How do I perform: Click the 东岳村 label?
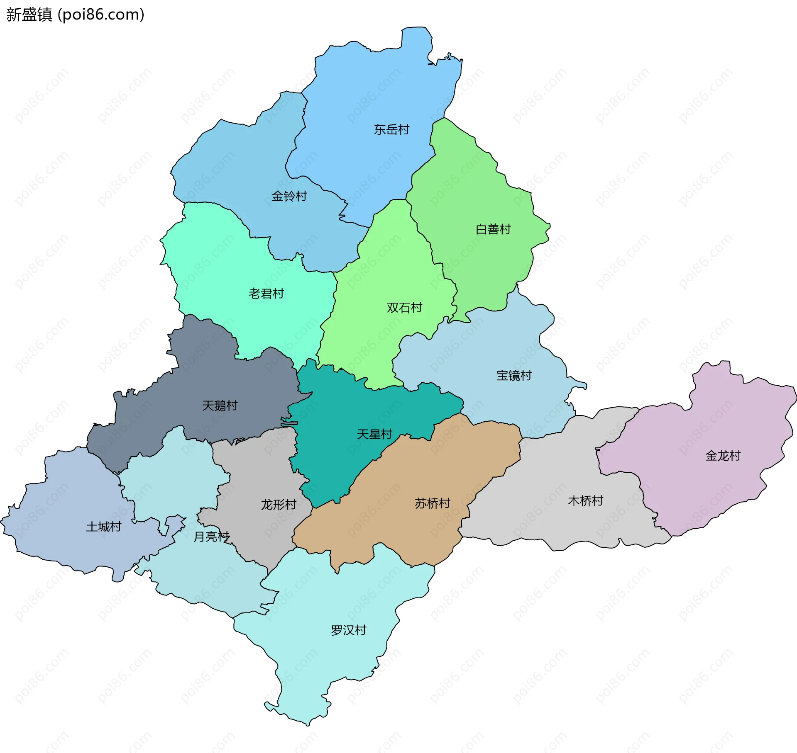[x=391, y=130]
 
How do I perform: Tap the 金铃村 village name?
[x=289, y=196]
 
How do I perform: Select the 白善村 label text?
[x=493, y=229]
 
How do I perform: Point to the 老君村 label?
[x=266, y=294]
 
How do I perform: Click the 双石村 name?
[x=404, y=307]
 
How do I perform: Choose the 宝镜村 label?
[x=513, y=376]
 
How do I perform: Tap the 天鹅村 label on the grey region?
[x=220, y=405]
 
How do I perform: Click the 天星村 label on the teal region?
[x=374, y=434]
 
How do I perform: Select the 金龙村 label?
[x=723, y=456]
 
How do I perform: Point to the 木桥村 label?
[x=585, y=501]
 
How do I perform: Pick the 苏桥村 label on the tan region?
[x=432, y=503]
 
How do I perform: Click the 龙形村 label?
[x=278, y=505]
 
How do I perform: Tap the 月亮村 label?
[x=212, y=537]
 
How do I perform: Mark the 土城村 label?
[x=103, y=527]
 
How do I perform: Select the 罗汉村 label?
[x=348, y=630]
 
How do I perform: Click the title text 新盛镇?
[x=29, y=15]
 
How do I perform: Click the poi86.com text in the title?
[x=101, y=15]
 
